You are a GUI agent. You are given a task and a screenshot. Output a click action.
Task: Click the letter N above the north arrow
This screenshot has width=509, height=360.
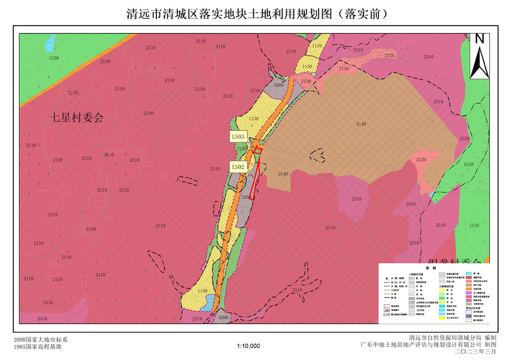point(480,40)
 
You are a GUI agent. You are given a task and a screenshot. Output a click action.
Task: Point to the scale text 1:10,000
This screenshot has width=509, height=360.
point(248,346)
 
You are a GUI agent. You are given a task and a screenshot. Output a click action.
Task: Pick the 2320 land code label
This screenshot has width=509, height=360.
point(465,138)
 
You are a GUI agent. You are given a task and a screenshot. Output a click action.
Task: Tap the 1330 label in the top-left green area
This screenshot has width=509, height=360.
point(54,58)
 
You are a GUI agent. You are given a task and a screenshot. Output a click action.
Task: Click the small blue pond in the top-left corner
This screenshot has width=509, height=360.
point(51,41)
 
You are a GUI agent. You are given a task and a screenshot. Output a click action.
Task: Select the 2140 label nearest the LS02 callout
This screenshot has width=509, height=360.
point(283,174)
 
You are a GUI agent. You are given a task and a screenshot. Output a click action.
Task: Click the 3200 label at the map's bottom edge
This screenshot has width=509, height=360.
point(223,317)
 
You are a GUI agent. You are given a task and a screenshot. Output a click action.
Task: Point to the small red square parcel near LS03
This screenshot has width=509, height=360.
point(257,150)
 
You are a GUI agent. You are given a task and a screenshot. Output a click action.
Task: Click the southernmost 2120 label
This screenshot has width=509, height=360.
point(422,159)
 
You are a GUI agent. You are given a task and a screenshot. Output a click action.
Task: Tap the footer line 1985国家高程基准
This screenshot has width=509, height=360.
point(37,346)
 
